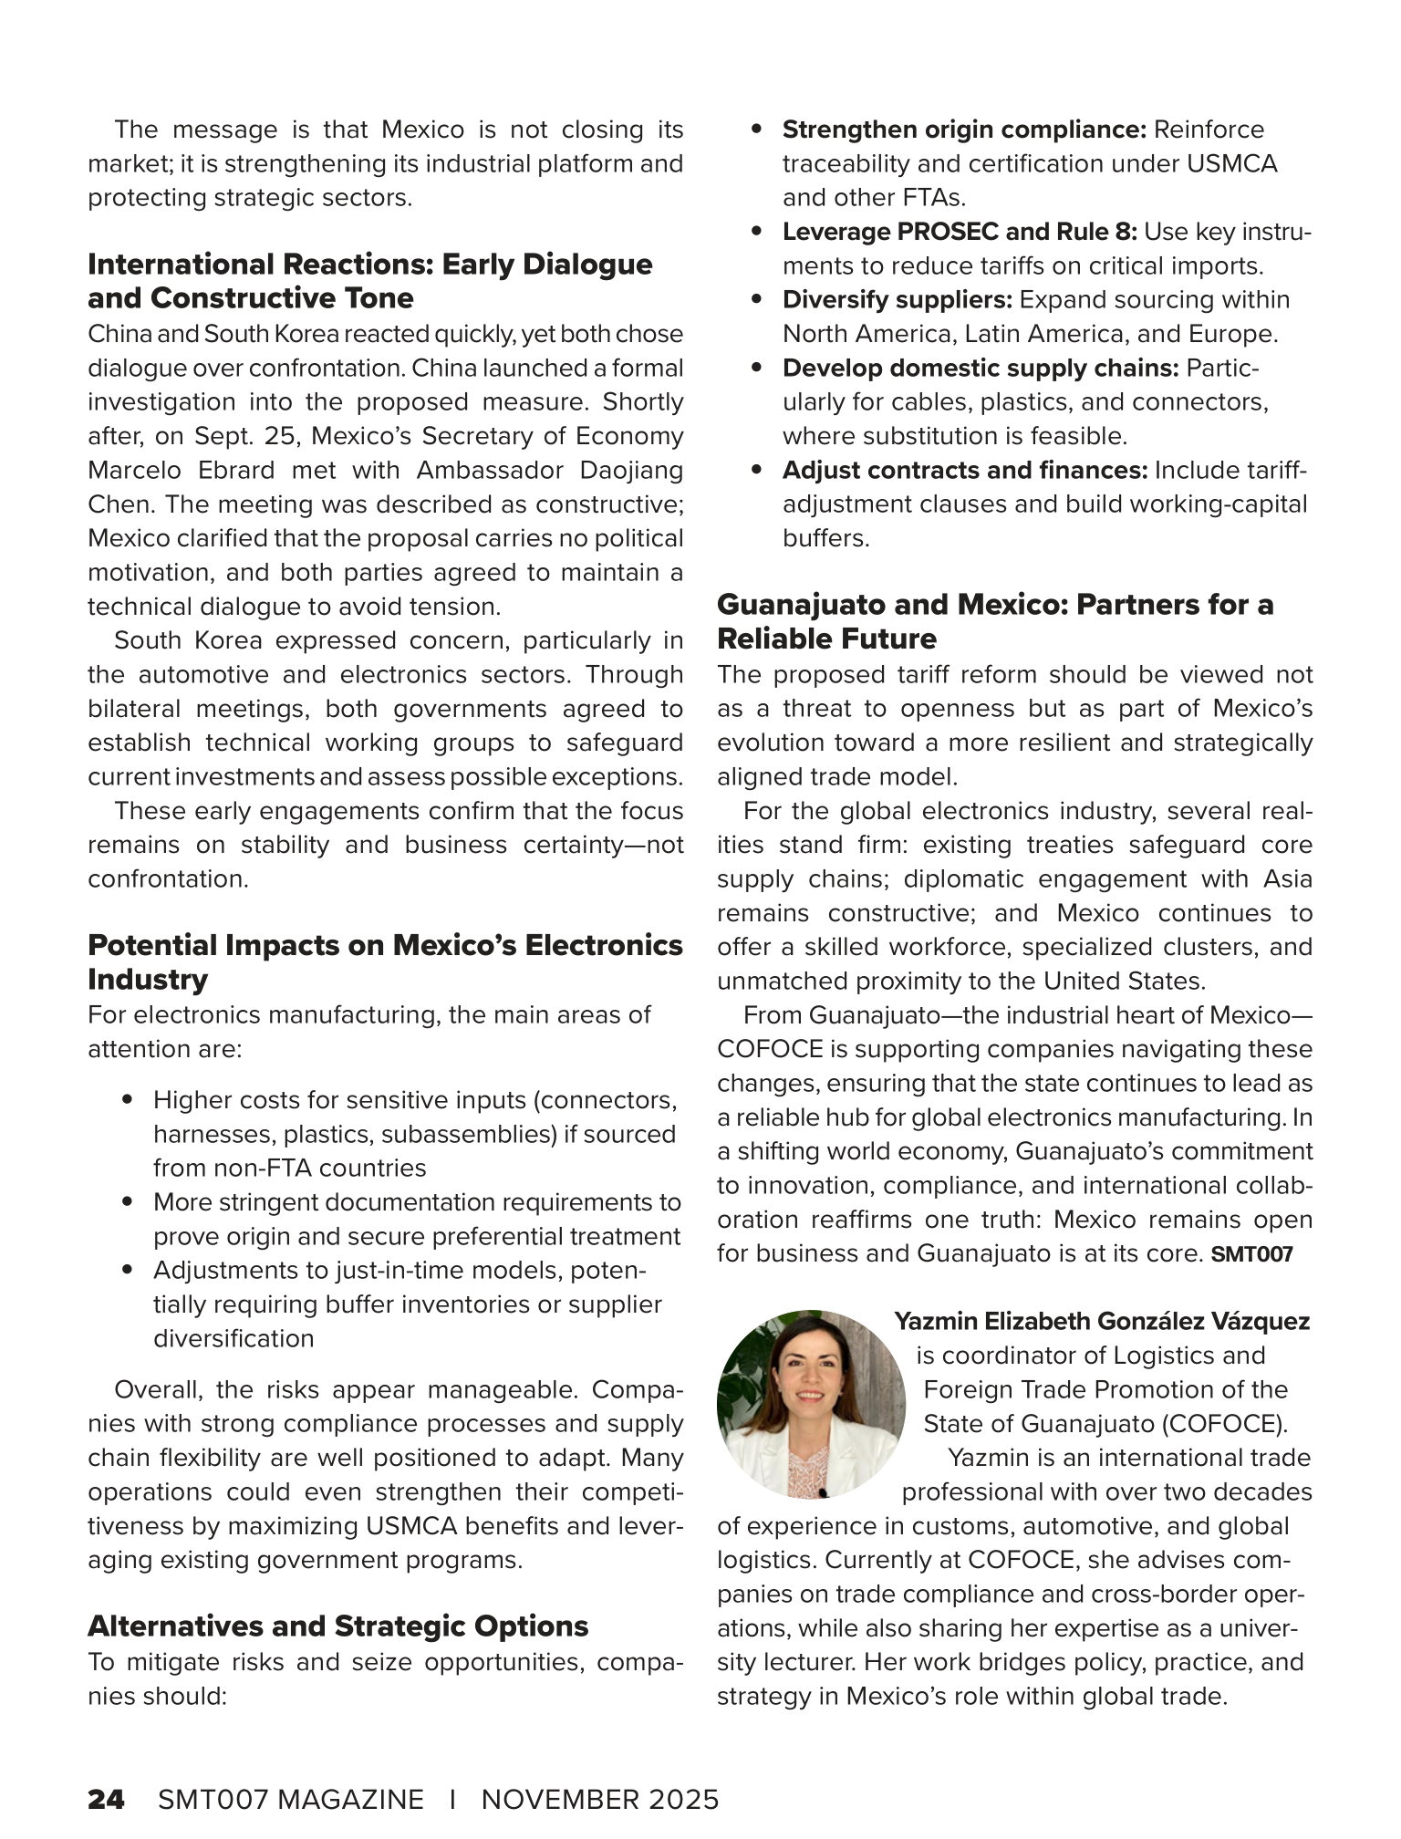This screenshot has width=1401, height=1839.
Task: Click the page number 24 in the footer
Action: pos(106,1799)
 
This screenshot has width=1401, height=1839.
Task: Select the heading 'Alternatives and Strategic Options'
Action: pos(337,1626)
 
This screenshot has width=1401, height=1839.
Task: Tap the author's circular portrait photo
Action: pos(810,1403)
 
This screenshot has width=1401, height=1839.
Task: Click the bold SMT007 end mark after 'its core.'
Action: pos(1251,1254)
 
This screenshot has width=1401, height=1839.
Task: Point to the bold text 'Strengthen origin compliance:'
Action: pos(963,130)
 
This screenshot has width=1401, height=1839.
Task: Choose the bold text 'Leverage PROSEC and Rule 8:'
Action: pos(960,232)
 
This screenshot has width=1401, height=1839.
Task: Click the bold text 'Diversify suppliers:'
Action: pos(898,300)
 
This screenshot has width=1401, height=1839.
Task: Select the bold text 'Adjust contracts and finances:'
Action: pos(964,471)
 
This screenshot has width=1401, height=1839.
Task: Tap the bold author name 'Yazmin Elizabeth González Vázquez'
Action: pos(1102,1321)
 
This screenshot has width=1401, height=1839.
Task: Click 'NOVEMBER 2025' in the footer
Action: pos(600,1799)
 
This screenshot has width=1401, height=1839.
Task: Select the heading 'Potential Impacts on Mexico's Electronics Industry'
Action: pos(385,961)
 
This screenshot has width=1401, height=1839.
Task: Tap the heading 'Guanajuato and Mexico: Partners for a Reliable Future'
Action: pos(994,620)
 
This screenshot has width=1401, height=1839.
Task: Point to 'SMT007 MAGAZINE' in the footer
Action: pos(290,1799)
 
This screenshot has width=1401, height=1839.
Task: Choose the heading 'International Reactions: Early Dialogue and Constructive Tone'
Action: pos(369,281)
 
